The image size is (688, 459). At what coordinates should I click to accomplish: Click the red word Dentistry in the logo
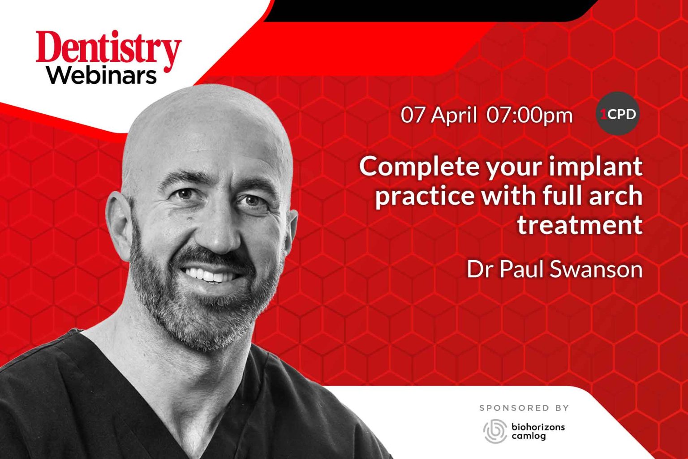tap(108, 50)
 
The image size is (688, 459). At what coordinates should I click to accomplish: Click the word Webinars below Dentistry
tap(102, 75)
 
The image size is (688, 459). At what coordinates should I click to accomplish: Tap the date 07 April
tap(438, 115)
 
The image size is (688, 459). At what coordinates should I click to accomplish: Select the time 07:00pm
tap(529, 115)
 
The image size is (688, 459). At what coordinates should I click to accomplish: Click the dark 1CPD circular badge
tap(618, 114)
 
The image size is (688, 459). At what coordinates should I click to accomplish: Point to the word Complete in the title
tap(419, 167)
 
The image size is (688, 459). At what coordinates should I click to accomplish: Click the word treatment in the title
tap(580, 224)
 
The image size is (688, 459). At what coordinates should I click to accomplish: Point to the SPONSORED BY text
tap(524, 408)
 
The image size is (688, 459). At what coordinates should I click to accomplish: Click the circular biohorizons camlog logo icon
tap(495, 431)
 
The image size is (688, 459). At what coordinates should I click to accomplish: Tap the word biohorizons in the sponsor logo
tap(538, 426)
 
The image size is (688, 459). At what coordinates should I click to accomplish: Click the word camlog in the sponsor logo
tap(529, 436)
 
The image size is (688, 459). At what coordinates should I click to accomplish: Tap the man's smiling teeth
tap(210, 275)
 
